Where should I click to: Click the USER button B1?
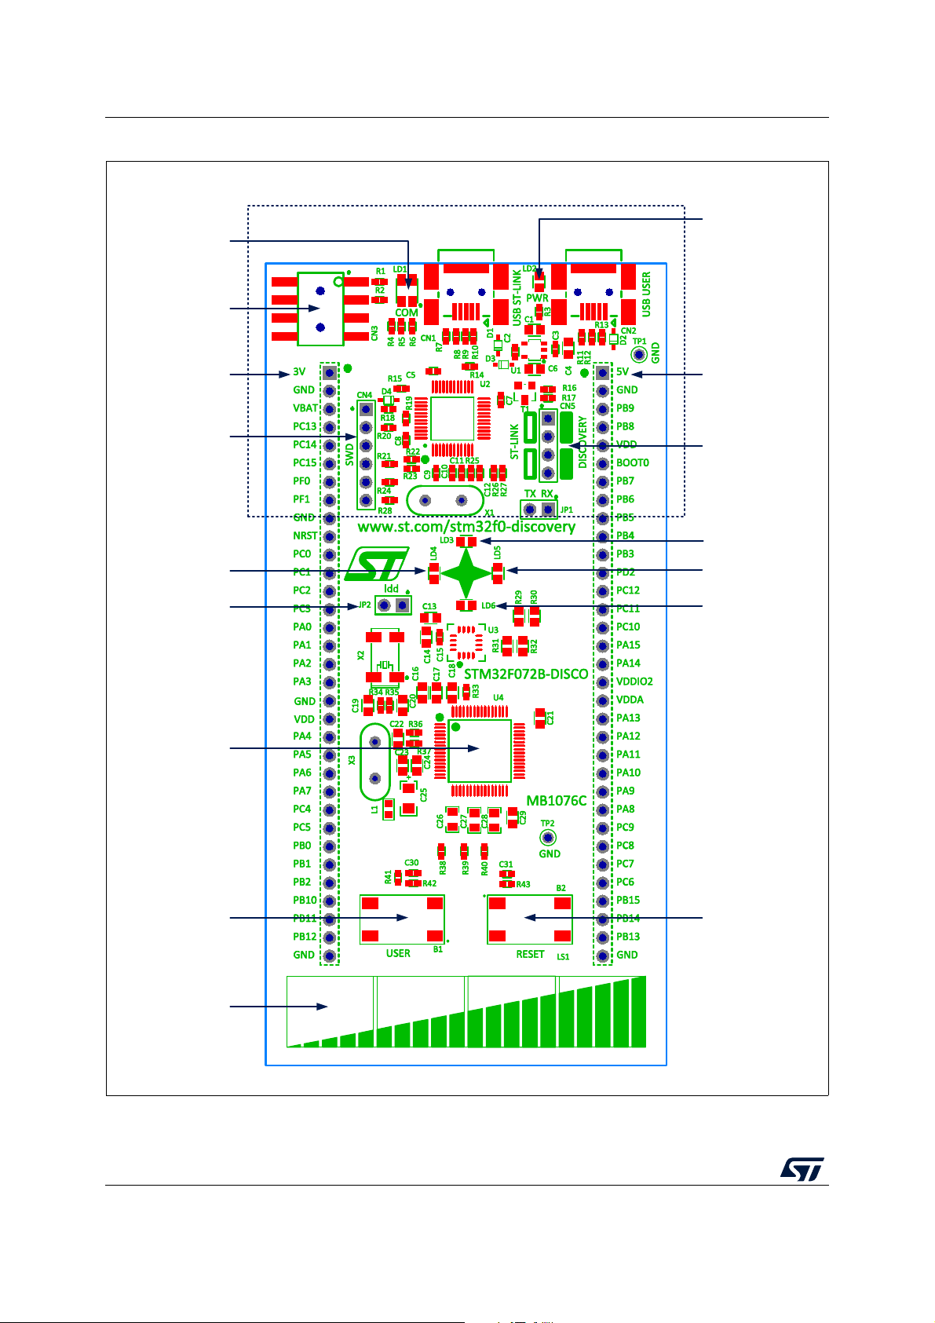402,918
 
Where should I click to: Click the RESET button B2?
529,918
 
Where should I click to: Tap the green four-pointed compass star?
466,573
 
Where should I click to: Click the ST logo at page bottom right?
802,1168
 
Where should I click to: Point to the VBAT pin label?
305,408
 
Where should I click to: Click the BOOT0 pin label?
632,463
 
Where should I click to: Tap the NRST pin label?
305,535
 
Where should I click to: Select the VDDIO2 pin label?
634,682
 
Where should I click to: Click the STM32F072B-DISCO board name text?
526,674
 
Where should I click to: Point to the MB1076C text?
556,801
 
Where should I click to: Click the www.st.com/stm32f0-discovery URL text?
466,527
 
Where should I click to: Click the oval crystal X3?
375,759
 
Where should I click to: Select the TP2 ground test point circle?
548,837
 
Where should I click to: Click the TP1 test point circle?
640,355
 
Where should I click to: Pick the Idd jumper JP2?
393,605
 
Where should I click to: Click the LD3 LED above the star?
466,542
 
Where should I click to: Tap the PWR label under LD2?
537,298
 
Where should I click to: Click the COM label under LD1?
407,312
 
